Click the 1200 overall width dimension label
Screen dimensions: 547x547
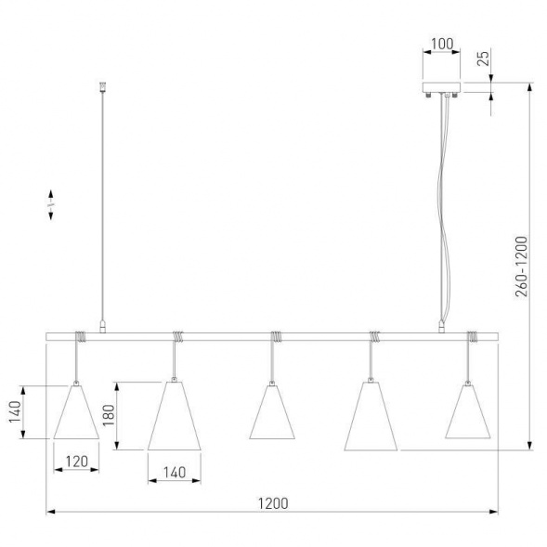click(273, 503)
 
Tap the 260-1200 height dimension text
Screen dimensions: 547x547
click(522, 267)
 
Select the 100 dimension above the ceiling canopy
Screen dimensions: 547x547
click(442, 44)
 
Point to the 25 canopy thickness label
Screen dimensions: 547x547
click(483, 59)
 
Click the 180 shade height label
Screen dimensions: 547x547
click(109, 415)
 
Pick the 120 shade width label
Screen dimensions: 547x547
click(77, 462)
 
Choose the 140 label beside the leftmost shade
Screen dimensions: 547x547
click(15, 411)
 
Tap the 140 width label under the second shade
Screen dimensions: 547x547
click(175, 473)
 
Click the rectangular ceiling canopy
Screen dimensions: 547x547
click(441, 87)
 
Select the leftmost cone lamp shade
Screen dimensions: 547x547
click(76, 412)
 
